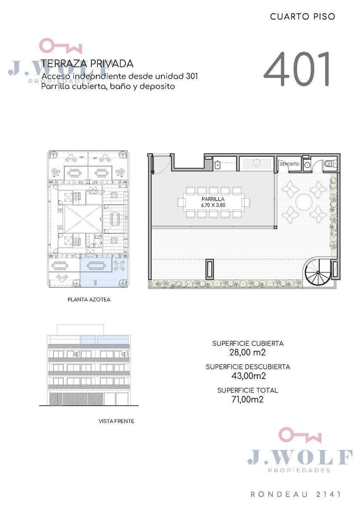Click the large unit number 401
[297, 69]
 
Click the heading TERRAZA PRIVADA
[87, 64]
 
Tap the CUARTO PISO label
[303, 17]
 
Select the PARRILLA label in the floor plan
[213, 199]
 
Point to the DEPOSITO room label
[289, 164]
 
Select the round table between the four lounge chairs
[304, 201]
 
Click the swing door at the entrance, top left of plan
[161, 164]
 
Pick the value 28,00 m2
[247, 352]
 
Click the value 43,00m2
[249, 376]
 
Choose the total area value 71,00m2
[247, 399]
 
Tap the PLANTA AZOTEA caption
[89, 299]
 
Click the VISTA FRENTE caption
[117, 421]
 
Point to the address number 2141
[329, 494]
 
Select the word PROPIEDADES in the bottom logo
[299, 470]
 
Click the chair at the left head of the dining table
[180, 203]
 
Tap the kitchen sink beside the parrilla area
[217, 165]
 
